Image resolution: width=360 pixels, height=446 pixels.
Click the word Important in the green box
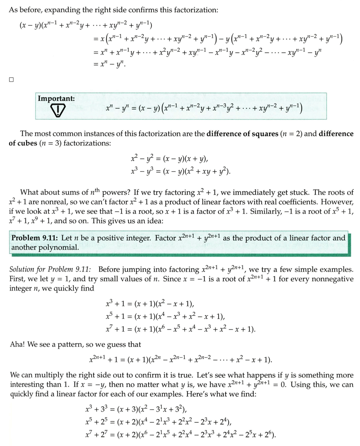[x=56, y=99]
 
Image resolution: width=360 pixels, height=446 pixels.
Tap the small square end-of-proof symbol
[x=11, y=79]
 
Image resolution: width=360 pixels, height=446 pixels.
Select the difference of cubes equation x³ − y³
[x=180, y=172]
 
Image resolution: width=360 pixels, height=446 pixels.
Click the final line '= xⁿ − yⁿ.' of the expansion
[x=109, y=64]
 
